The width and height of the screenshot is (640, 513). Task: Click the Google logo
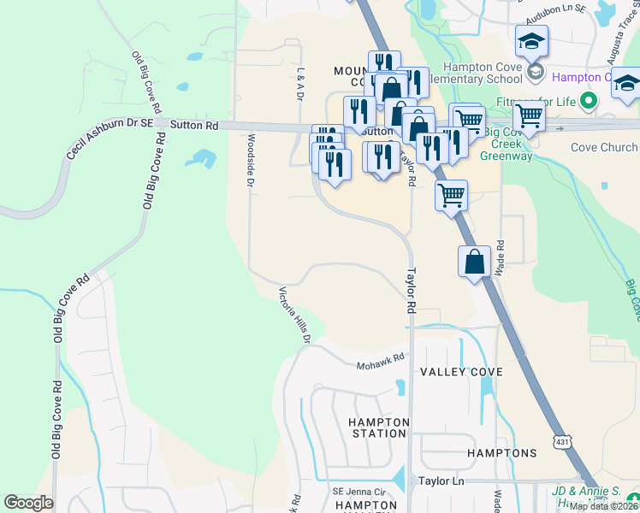pos(28,503)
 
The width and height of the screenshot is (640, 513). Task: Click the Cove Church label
pos(604,147)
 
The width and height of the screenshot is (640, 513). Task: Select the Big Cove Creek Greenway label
pos(507,144)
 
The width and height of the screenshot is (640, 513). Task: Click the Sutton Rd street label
pos(194,125)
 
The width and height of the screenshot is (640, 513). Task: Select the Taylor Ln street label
pos(441,482)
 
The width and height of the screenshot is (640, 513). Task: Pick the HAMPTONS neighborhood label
pos(502,452)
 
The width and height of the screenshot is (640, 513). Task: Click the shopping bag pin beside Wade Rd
pos(474,262)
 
